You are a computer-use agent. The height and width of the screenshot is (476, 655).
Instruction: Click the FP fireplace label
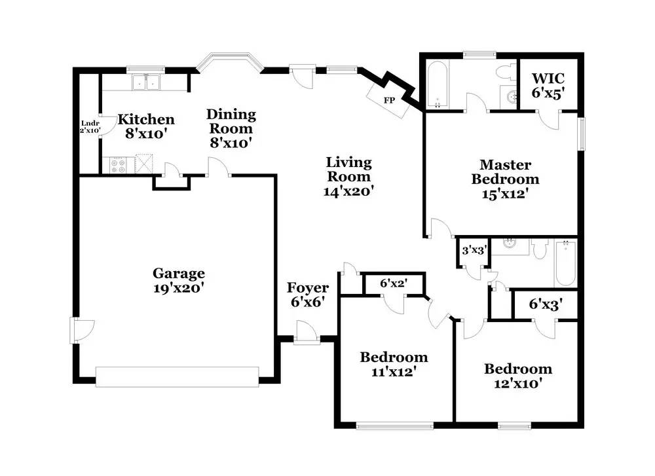click(389, 101)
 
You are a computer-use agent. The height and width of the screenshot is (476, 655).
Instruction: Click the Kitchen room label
click(146, 119)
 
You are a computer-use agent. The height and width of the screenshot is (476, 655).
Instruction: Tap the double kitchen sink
click(146, 82)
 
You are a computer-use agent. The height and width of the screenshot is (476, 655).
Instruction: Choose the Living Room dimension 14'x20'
click(348, 191)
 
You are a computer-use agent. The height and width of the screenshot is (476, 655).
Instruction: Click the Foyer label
click(308, 288)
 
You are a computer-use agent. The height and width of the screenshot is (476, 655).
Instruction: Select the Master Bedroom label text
click(506, 172)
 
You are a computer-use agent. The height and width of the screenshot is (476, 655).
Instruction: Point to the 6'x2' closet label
click(393, 284)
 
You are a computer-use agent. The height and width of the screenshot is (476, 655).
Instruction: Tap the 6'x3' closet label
click(545, 304)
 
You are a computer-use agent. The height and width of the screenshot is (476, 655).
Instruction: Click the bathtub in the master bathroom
click(436, 84)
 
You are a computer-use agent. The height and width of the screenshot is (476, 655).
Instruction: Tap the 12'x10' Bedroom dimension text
click(517, 384)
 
